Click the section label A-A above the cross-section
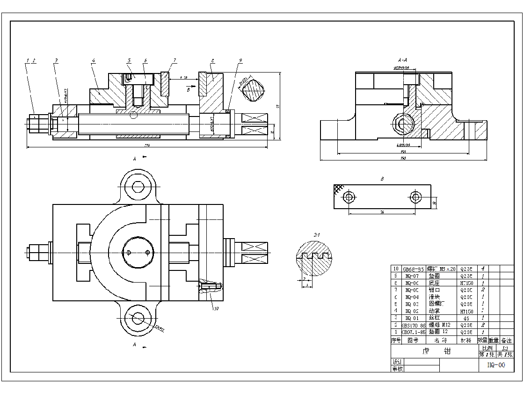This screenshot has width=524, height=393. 402,60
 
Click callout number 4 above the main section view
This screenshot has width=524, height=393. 94,61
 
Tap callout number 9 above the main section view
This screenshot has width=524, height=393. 240,61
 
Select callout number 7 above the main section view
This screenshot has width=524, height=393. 175,60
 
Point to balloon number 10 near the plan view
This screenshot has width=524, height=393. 216,308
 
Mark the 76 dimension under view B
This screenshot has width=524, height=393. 382,212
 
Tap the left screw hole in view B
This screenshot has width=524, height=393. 349,197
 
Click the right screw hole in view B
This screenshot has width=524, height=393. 415,197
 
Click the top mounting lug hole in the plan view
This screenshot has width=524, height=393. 138,187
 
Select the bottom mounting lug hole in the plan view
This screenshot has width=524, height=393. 138,318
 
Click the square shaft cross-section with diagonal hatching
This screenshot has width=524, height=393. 253,89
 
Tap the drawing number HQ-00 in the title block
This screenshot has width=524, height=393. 496,365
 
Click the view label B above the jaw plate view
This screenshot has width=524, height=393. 382,179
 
